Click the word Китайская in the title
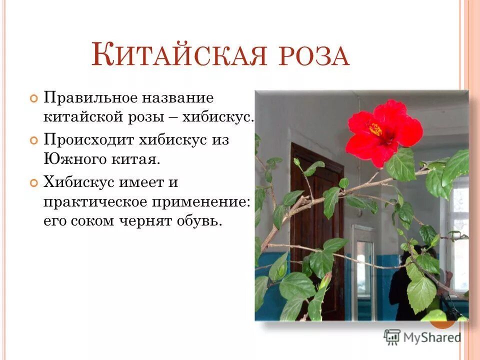click(x=177, y=55)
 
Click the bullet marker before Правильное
click(x=33, y=97)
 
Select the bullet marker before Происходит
click(x=33, y=140)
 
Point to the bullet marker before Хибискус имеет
click(x=33, y=183)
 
